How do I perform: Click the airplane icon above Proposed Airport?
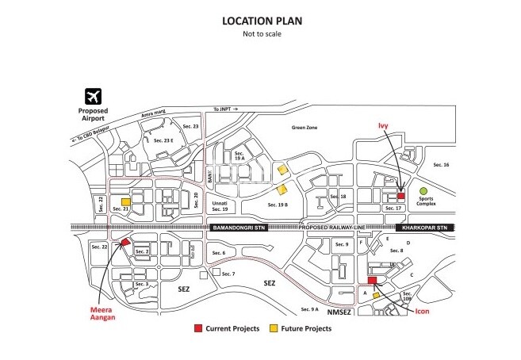coord(92,96)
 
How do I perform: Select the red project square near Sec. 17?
coord(400,195)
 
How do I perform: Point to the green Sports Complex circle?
coord(423,190)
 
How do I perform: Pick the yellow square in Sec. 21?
coord(126,202)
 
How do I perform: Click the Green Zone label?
coord(304,127)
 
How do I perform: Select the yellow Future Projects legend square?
coord(274,327)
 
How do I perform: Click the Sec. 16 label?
coord(441,165)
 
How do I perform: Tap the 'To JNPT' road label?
coord(224,109)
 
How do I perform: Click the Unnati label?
coord(220,204)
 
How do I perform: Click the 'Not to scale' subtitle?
coord(261,34)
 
